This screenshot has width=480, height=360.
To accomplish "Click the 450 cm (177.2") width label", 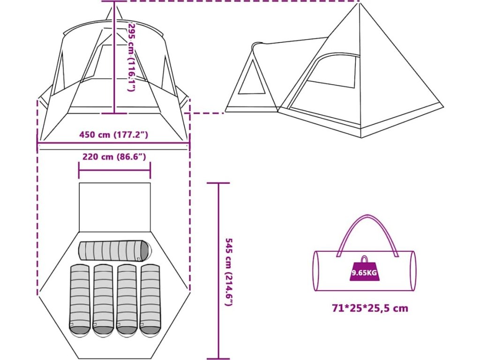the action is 114,135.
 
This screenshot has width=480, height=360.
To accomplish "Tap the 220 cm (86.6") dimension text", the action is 114,157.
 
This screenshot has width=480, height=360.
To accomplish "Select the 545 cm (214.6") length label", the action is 229,272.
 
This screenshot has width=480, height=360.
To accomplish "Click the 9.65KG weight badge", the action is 364,272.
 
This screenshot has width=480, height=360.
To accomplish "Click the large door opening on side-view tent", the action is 323,87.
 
